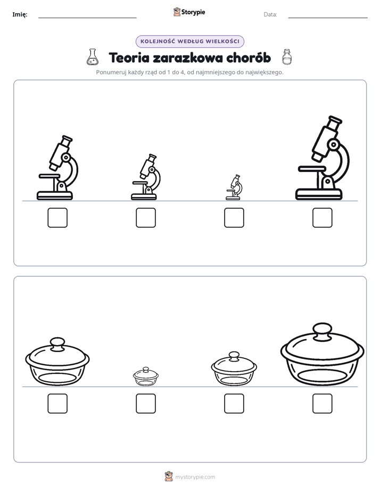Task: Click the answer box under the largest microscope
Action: tap(323, 218)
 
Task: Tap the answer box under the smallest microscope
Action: tap(234, 218)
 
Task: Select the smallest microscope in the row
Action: tap(234, 187)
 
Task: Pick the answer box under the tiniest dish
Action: tap(146, 404)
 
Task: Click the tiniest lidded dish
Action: tap(146, 376)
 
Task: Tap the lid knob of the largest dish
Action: tap(323, 331)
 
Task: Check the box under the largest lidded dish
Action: tap(323, 404)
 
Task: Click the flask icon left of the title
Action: tap(92, 57)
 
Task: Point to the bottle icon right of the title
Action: tap(286, 57)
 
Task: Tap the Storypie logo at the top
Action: tap(189, 12)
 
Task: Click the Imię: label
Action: tap(20, 14)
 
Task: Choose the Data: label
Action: tap(270, 14)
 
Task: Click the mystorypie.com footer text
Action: tap(195, 477)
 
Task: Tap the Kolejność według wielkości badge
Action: tap(189, 42)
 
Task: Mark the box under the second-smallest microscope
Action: tap(146, 218)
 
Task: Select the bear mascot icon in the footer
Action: tap(169, 477)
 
